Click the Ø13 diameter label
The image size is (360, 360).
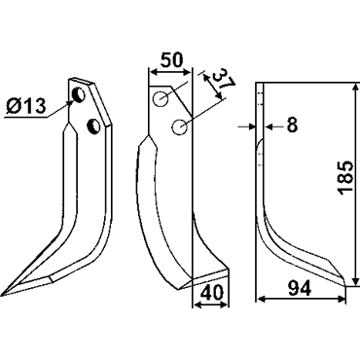[26, 106]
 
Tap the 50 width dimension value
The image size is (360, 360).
[172, 60]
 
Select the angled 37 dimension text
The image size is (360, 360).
[223, 82]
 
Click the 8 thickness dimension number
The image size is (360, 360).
[292, 125]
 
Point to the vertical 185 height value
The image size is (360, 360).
[345, 178]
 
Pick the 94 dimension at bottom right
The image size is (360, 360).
[299, 288]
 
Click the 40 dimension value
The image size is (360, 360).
[210, 293]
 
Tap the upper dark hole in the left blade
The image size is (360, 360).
[79, 94]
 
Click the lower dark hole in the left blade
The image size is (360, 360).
[94, 126]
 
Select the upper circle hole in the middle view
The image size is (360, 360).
[162, 98]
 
